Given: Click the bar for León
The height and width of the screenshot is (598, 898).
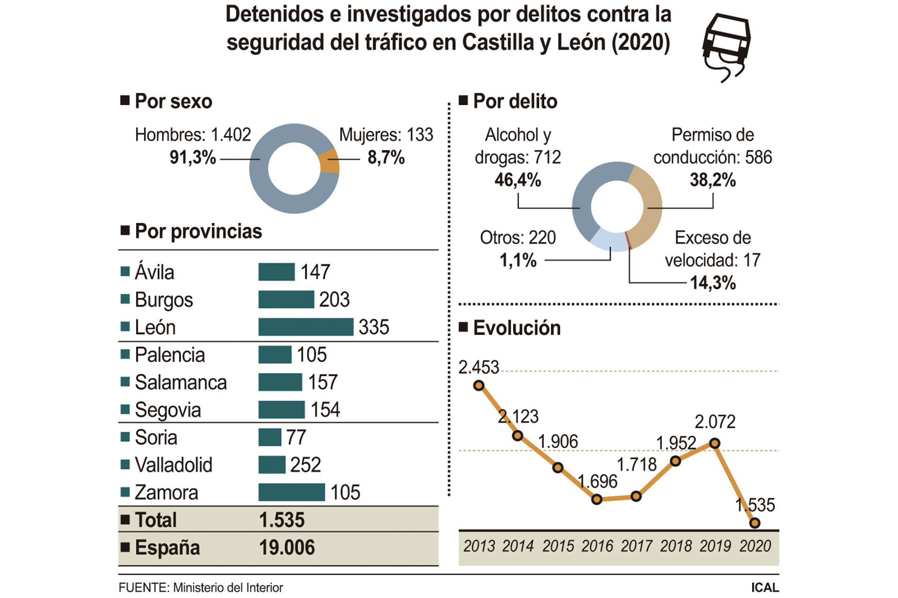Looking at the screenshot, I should click(x=305, y=327).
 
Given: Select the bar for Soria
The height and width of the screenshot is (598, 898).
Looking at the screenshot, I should click(x=270, y=437).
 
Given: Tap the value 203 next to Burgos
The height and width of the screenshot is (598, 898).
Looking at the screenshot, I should click(x=334, y=299).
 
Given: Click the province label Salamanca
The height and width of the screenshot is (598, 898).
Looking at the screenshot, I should click(x=181, y=383).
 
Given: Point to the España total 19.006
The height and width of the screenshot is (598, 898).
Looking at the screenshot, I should click(x=287, y=548).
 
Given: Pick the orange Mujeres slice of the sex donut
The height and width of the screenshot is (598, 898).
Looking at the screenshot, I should click(x=330, y=161).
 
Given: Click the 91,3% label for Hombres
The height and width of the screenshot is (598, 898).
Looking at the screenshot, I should click(x=193, y=157).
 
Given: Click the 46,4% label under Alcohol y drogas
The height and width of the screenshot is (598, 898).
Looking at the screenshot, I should click(x=518, y=180).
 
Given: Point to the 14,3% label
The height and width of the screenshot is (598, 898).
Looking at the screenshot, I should click(x=713, y=283).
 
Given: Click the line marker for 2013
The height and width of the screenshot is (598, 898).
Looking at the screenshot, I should click(x=478, y=385).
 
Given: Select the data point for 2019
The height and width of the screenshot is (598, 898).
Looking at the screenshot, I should click(x=714, y=443).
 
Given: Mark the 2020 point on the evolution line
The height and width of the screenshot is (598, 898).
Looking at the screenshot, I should click(x=754, y=523).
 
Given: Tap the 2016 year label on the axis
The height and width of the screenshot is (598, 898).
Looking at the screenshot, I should click(x=597, y=546).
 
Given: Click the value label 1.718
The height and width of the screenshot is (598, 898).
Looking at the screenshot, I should click(x=637, y=464).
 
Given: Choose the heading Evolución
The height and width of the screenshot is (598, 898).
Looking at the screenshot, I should click(x=516, y=328).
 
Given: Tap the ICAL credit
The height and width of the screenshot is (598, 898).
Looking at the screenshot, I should click(x=765, y=588).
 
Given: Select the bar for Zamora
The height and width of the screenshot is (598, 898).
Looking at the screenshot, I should click(x=291, y=492).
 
